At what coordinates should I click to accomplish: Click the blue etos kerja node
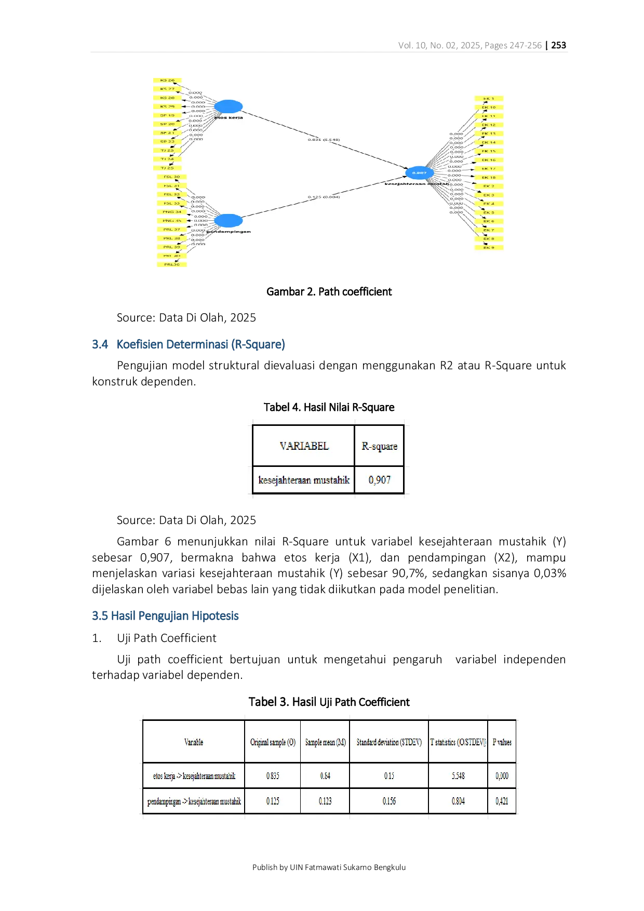pos(229,106)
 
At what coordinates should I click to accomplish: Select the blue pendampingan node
pos(228,221)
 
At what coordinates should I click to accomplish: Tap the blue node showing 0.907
pos(419,172)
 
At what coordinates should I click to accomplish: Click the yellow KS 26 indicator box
pos(167,81)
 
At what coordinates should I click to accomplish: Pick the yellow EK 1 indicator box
pos(489,99)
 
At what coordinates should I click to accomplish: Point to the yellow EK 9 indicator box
pos(489,248)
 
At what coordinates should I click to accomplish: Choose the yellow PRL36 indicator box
pos(172,264)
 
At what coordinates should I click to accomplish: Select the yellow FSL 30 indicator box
pos(172,177)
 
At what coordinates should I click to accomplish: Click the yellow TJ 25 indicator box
pos(167,168)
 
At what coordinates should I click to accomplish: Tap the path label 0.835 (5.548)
pos(324,140)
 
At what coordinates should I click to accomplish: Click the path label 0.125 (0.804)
pos(324,197)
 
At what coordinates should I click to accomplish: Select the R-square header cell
pos(380,446)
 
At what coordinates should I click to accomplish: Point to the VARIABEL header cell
pos(304,446)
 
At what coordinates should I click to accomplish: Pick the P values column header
pos(502,742)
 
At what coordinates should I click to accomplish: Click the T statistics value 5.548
pos(458,776)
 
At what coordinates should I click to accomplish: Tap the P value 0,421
pos(502,801)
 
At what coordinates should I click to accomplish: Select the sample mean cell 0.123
pos(325,801)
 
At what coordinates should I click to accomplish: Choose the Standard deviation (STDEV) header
pos(389,742)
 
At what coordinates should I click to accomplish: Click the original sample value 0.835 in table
pos(273,776)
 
